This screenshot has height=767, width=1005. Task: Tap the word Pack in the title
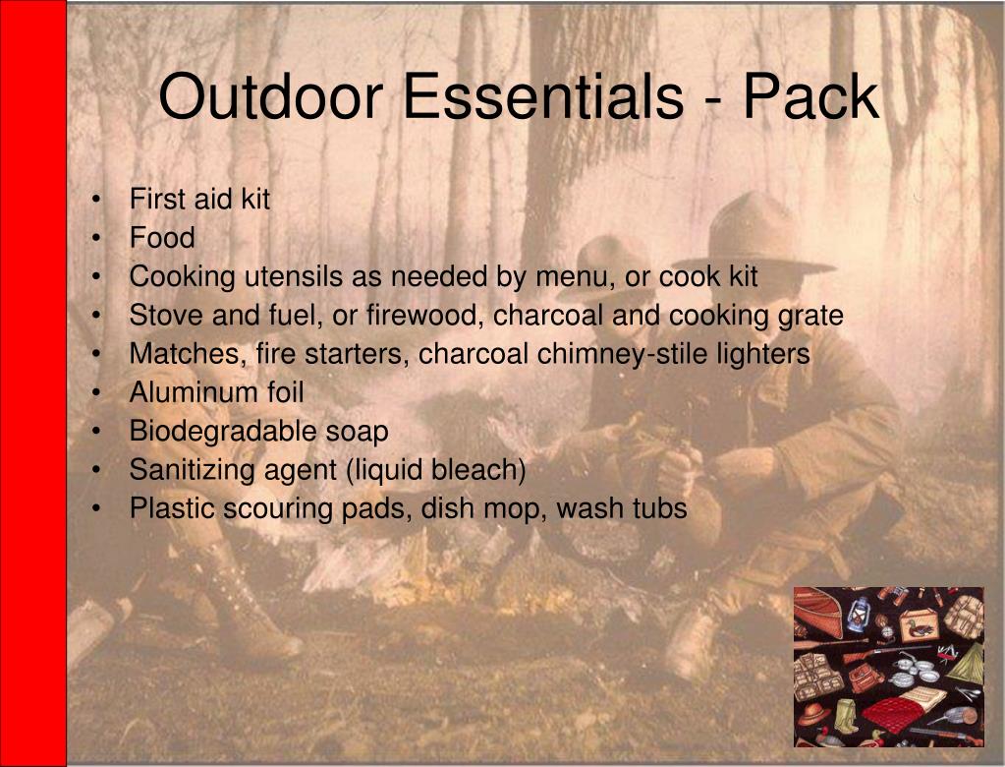pyautogui.click(x=810, y=98)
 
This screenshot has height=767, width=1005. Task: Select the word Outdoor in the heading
pyautogui.click(x=268, y=98)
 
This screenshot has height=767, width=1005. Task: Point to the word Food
pyautogui.click(x=162, y=238)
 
